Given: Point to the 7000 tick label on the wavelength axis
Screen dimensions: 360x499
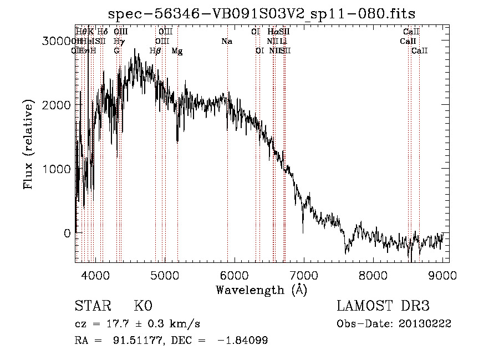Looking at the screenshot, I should pos(303,275).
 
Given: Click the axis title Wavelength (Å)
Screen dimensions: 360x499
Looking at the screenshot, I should pos(261,290).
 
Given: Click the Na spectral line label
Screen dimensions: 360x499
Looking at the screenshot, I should pos(227,42).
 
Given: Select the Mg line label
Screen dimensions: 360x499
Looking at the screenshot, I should pos(177,51).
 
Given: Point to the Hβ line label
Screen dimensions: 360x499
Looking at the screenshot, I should pos(156,51).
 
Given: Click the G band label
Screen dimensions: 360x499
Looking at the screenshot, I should pos(117,51).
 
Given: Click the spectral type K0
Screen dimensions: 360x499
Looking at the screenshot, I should pos(142,306).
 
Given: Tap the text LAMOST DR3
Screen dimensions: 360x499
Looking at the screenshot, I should pos(383,306).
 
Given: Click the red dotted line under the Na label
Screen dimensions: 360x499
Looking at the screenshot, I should pos(227,166).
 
